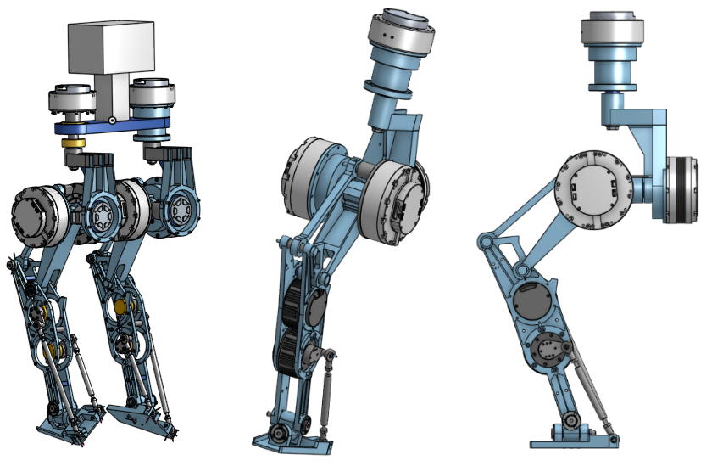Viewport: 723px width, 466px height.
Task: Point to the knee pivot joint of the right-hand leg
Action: tap(485, 244)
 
